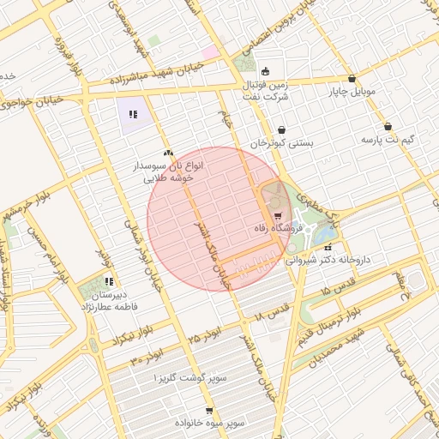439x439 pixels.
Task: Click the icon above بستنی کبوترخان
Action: (x=282, y=130)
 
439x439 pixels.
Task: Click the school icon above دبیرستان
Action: (x=109, y=281)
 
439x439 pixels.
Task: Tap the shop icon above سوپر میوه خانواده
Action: (x=209, y=412)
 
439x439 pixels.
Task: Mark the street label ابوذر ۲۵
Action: (x=206, y=329)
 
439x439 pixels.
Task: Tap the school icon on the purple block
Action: (x=133, y=113)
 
